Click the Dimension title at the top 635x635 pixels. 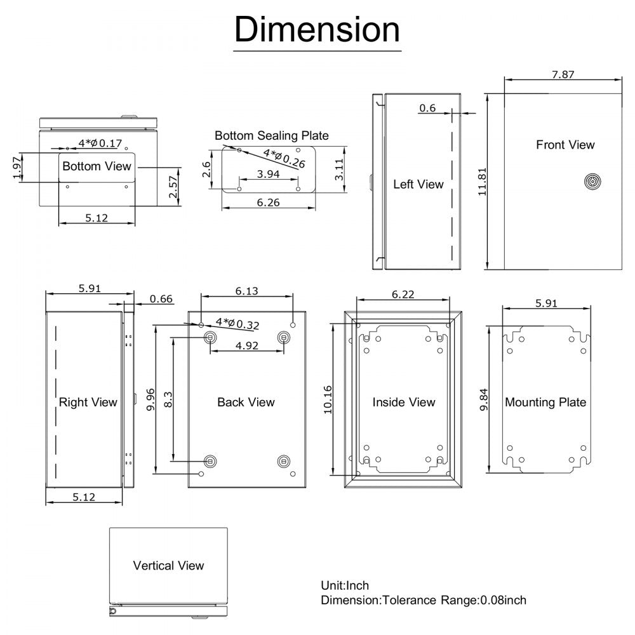[317, 30]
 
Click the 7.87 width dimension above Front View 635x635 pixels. [563, 74]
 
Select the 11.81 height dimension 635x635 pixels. [482, 181]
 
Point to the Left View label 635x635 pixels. [418, 184]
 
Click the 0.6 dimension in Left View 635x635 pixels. [427, 109]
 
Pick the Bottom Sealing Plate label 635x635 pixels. [271, 135]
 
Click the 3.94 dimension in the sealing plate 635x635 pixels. [267, 174]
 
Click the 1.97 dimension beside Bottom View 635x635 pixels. [17, 168]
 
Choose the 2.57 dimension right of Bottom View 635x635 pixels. [173, 187]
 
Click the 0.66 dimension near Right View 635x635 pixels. [161, 299]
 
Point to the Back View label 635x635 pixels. [246, 402]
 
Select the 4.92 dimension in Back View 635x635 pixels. [246, 346]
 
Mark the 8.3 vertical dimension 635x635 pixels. [168, 400]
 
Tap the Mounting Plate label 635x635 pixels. [545, 402]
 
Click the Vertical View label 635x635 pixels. [168, 565]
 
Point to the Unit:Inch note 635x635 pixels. [345, 585]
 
